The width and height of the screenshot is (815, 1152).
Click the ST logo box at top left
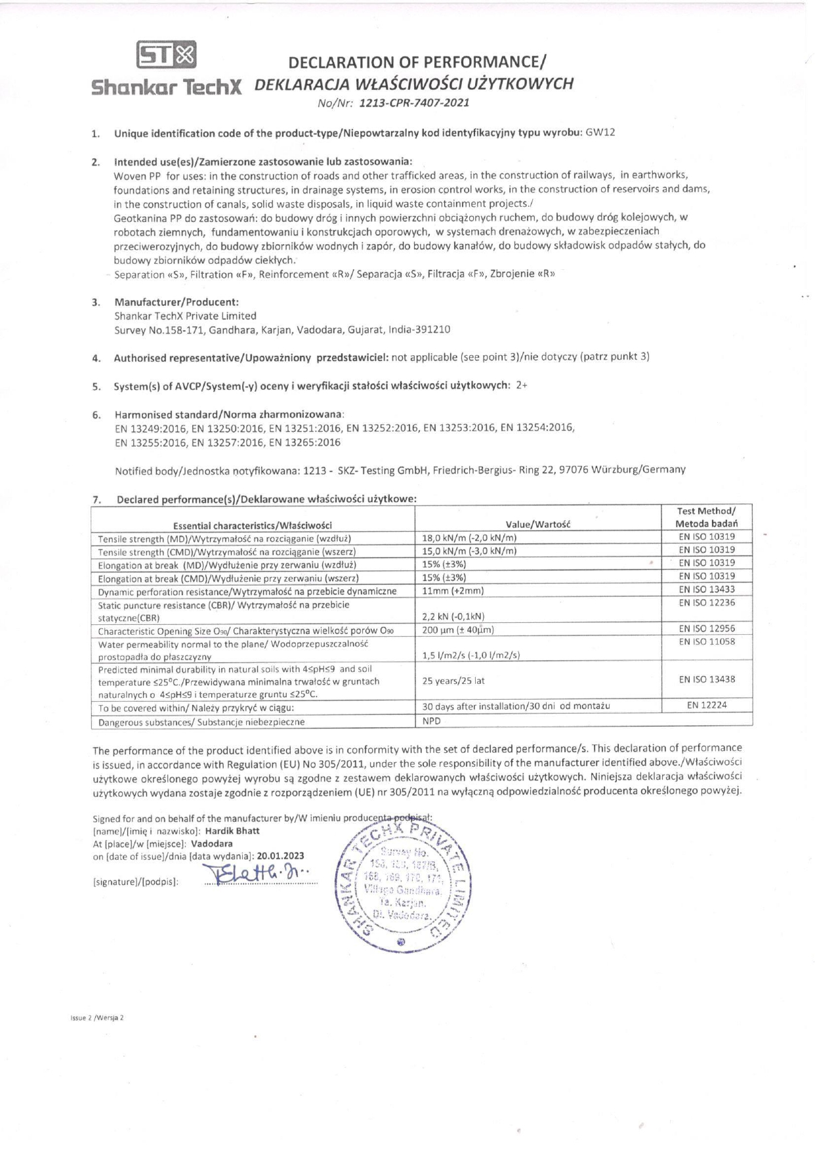click(167, 56)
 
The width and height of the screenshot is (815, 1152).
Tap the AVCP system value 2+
click(522, 385)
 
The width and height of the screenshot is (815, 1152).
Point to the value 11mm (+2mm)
click(453, 591)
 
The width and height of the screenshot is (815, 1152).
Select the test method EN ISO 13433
click(707, 589)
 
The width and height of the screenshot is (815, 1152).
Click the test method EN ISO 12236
click(707, 603)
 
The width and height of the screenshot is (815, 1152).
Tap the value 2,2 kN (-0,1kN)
click(453, 616)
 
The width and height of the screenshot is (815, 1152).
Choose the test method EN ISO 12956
click(707, 628)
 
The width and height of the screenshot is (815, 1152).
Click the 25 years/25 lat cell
click(453, 681)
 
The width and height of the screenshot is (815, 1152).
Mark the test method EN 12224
click(707, 705)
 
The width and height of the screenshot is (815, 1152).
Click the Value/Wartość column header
click(539, 524)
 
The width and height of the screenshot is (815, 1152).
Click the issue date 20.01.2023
click(281, 856)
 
